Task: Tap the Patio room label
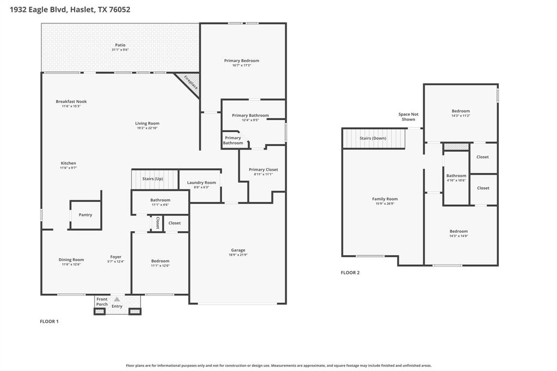point(120,45)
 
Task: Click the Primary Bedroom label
point(242,60)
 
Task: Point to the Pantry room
point(85,215)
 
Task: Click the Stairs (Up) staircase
point(154,179)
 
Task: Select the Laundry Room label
point(202,182)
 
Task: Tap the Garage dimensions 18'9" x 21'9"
point(238,255)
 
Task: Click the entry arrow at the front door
point(117,299)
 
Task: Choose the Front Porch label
point(102,301)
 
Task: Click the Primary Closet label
point(263,170)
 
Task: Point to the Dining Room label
point(71,259)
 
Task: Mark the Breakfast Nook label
point(71,102)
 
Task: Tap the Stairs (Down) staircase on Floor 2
point(374,138)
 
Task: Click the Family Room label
point(385,199)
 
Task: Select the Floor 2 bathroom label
point(456,176)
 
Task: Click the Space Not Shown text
point(409,116)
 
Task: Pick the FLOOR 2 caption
point(350,273)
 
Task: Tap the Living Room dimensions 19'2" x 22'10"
point(147,128)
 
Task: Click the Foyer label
point(116,257)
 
